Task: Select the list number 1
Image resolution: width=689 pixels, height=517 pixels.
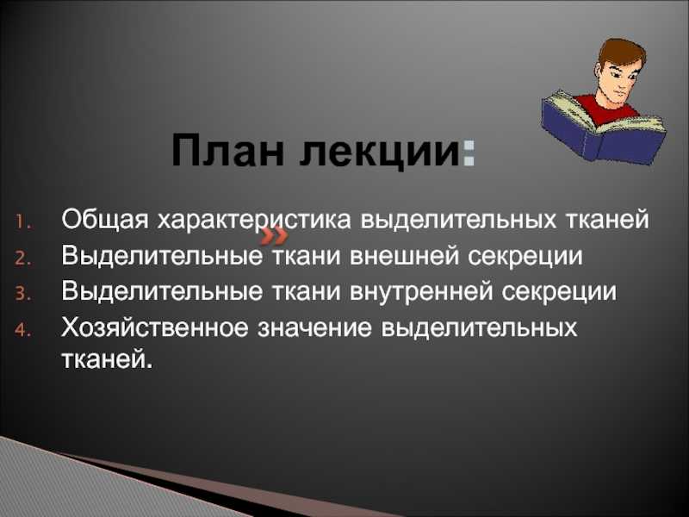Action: tap(22, 221)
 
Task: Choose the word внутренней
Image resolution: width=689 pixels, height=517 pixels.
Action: tap(421, 291)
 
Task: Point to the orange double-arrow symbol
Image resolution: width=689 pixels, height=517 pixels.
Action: tap(274, 238)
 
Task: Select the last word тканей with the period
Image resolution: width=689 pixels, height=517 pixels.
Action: tap(108, 359)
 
